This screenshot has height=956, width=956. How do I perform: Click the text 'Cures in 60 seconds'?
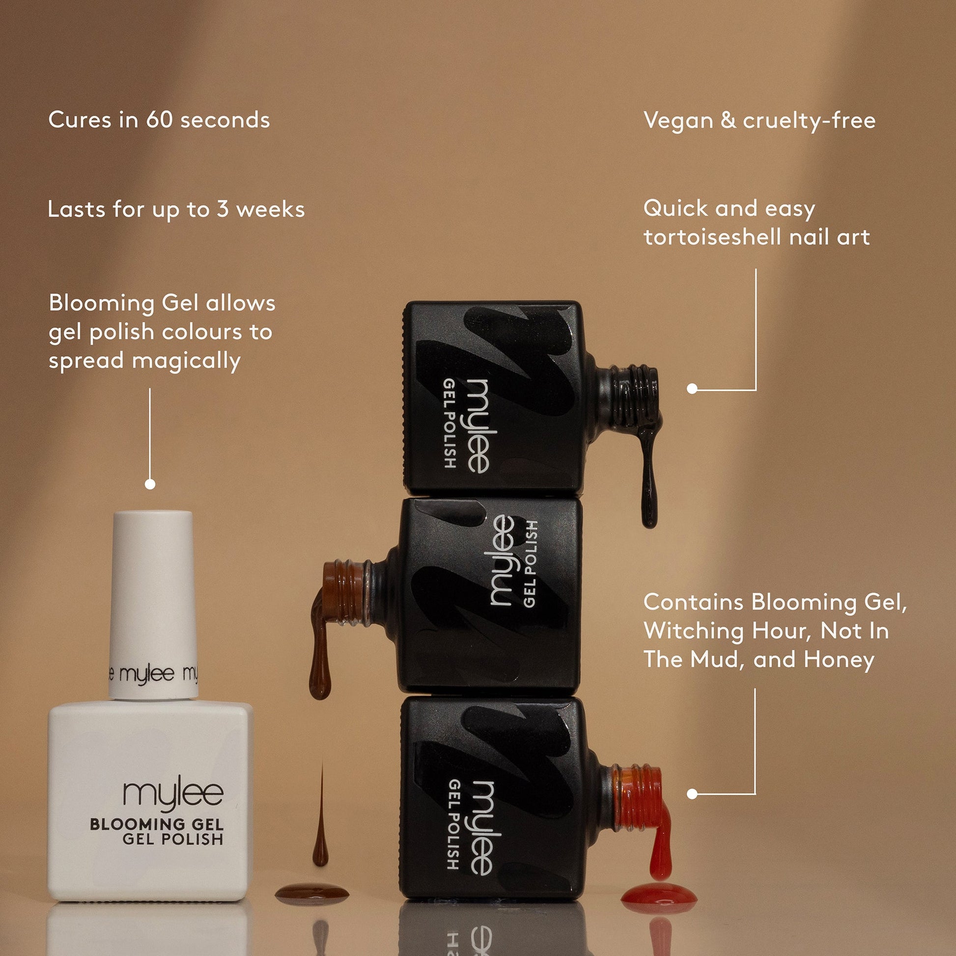[159, 120]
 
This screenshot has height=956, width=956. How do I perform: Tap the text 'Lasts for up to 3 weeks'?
[176, 209]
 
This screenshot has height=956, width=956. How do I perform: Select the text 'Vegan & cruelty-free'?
[759, 121]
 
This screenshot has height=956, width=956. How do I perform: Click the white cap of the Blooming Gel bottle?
[150, 605]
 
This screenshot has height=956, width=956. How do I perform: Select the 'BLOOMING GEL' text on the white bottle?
[157, 824]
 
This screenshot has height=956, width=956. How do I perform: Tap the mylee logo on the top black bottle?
[477, 425]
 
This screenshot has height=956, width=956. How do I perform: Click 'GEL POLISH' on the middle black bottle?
[530, 564]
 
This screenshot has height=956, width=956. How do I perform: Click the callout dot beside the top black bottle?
[692, 389]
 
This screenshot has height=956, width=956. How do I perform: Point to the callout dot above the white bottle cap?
[150, 484]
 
